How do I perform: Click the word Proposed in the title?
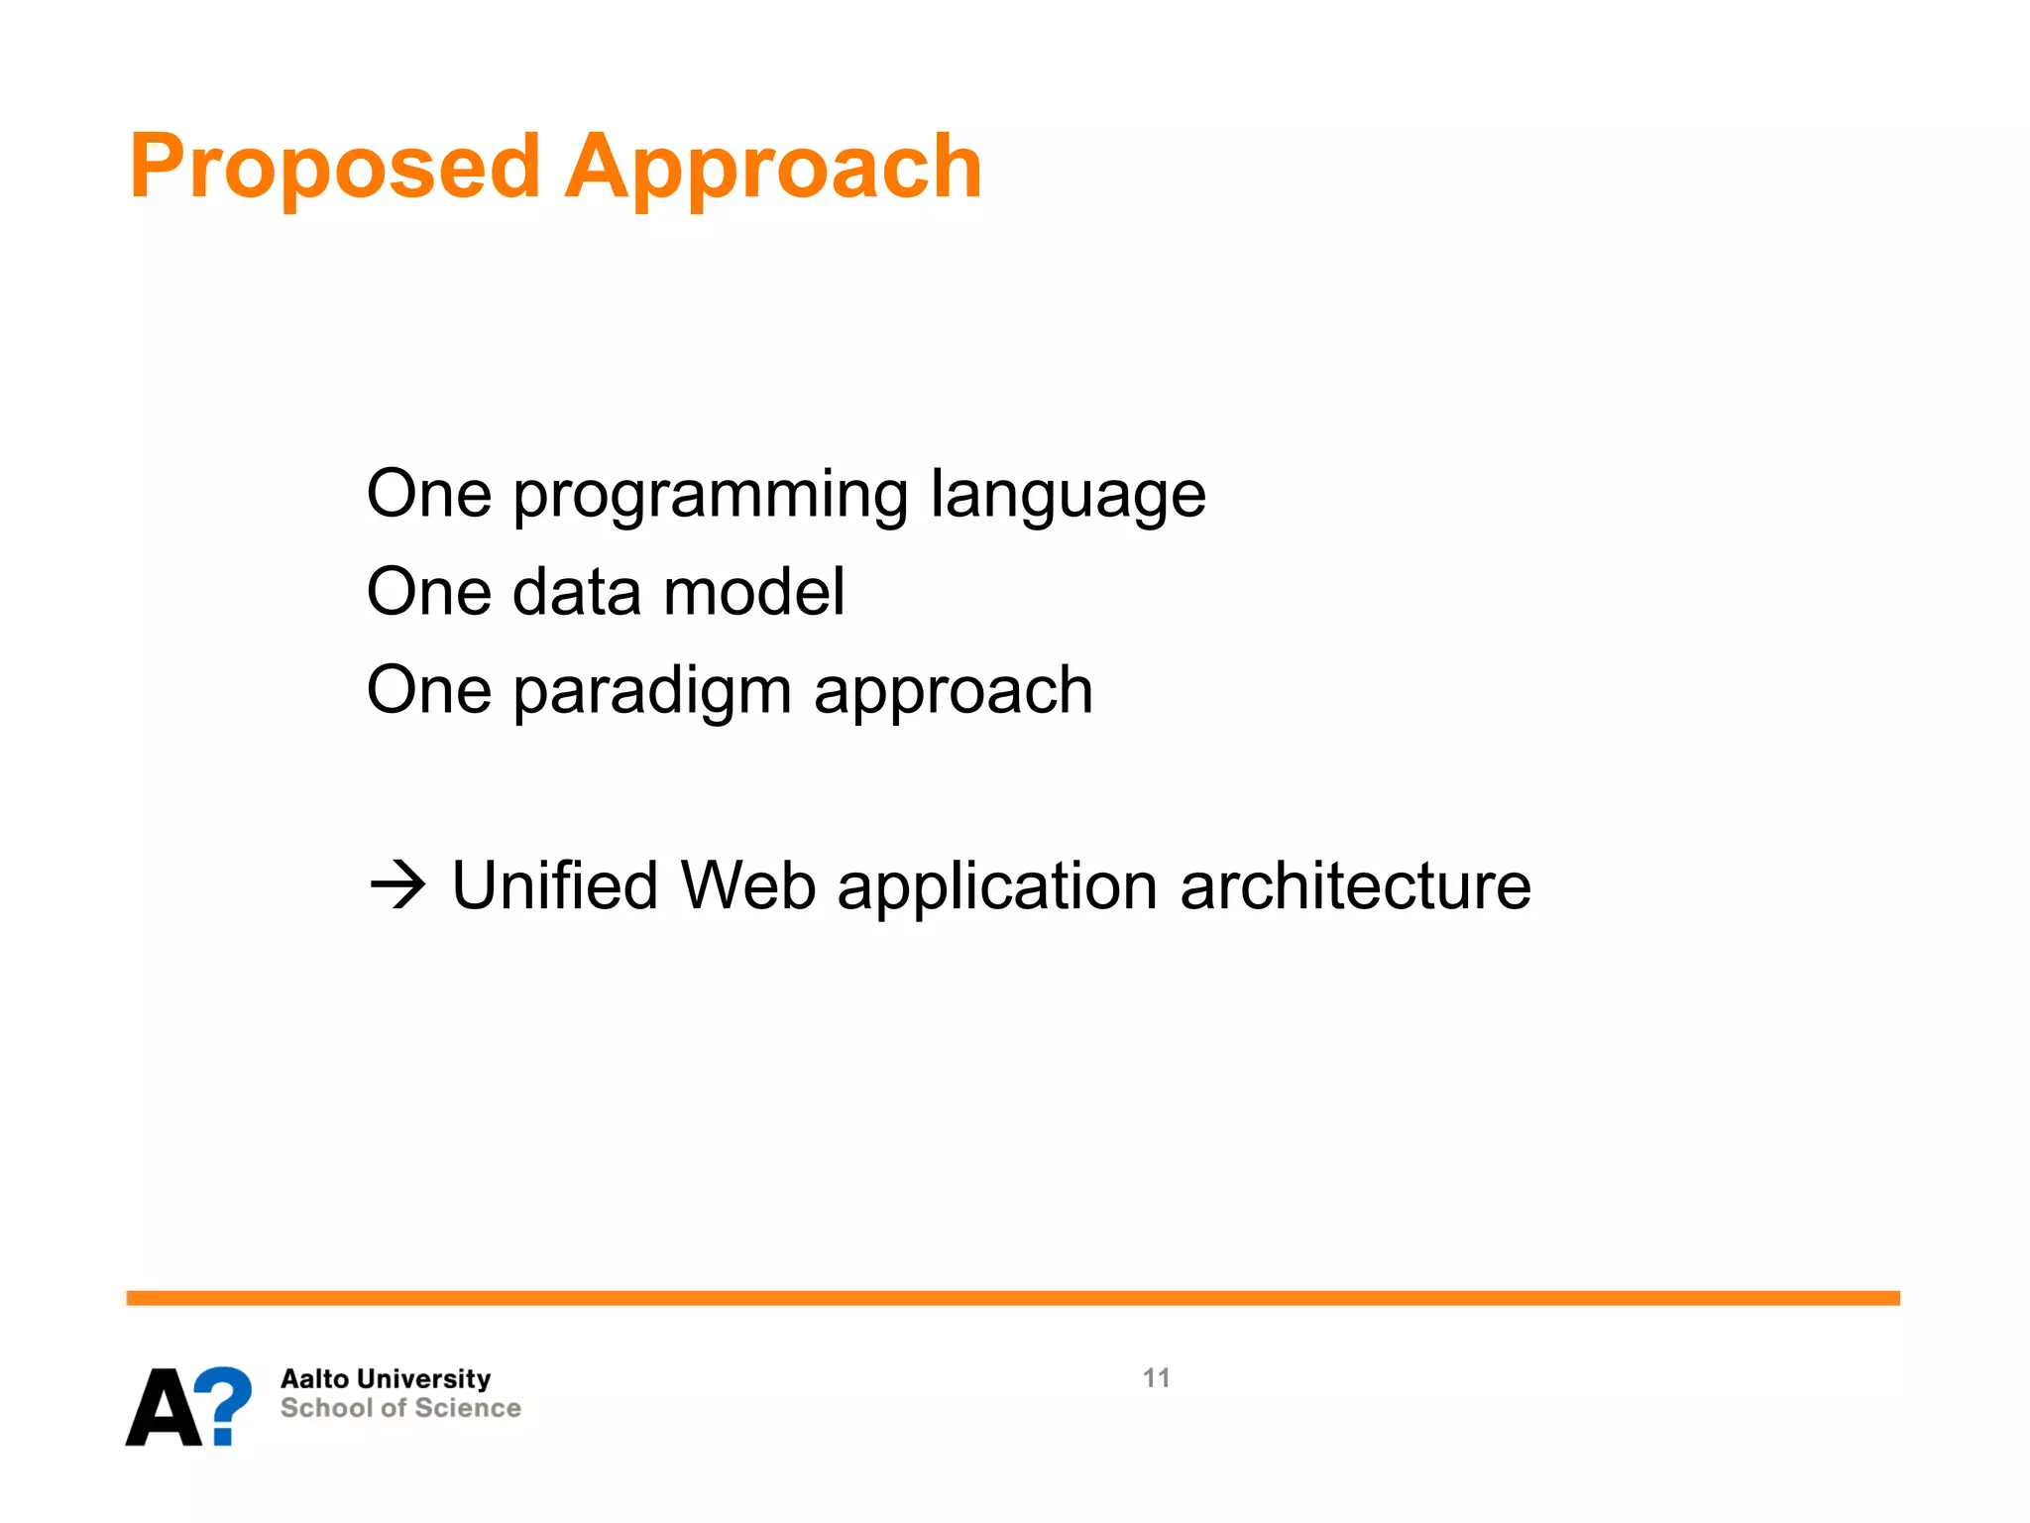(334, 169)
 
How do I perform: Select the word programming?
(710, 496)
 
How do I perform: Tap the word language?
(1068, 496)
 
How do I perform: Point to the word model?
(753, 592)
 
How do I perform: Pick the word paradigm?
(651, 692)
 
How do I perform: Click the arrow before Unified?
(397, 885)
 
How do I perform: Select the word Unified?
(554, 885)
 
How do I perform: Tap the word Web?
(747, 885)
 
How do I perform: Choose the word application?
(996, 885)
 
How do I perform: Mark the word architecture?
(1355, 885)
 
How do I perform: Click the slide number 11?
(1156, 1378)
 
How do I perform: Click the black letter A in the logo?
(164, 1408)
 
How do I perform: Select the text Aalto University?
(386, 1379)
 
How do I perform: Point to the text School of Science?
(400, 1408)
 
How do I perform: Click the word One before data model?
(428, 592)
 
